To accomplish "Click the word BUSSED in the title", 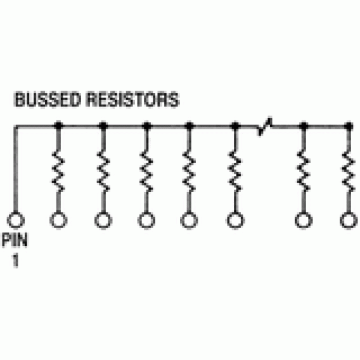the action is point(48,100).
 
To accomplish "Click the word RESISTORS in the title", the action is point(132,100).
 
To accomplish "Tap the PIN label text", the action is point(15,240).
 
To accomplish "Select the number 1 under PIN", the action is point(15,260).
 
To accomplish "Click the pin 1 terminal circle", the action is point(16,221).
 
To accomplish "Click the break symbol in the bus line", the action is point(264,126).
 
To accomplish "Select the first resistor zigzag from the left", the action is point(58,171).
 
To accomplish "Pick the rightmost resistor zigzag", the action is point(349,171).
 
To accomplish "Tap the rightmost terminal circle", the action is point(349,221).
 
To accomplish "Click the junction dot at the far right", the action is point(349,126).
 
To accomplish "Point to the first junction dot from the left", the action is point(58,126).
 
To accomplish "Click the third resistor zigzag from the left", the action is point(146,171).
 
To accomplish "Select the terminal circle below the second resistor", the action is point(103,221).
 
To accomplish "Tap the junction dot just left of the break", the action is point(235,126).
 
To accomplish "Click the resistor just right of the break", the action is point(304,171).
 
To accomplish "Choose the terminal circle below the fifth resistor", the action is point(235,221).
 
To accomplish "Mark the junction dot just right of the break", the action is point(304,126).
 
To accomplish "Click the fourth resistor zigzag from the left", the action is point(189,171).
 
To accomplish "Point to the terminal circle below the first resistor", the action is point(58,221).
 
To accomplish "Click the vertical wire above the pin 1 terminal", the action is point(16,169).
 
